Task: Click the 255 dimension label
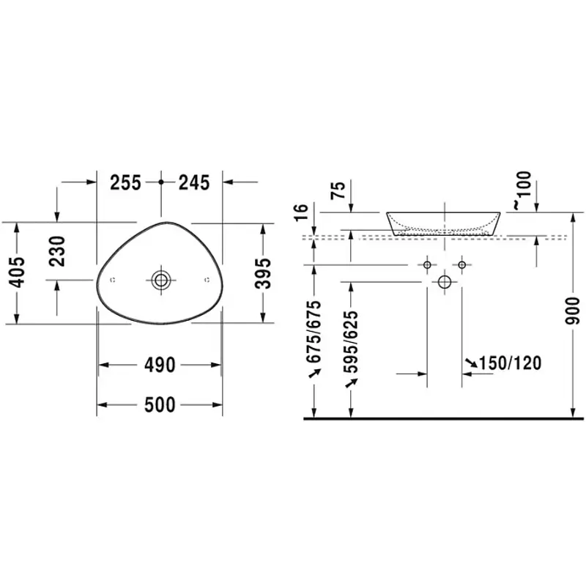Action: (125, 182)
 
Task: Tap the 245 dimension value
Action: (194, 182)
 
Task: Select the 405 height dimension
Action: (17, 272)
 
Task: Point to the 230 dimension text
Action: (57, 251)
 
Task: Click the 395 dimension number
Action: (263, 273)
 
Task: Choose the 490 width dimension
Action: (160, 365)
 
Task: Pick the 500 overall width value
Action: (160, 405)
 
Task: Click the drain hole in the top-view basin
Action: (161, 280)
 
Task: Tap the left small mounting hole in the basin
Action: (113, 280)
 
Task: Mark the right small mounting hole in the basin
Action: (207, 280)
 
